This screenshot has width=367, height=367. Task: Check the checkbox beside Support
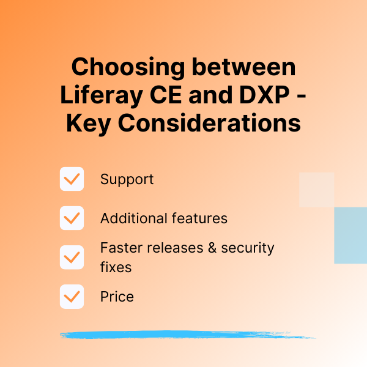pos(72,179)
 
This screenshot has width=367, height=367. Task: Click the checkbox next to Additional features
pos(72,218)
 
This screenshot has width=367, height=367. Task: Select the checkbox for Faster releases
pos(72,258)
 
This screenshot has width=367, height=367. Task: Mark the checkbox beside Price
pos(72,297)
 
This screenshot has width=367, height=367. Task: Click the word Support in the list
pos(127,180)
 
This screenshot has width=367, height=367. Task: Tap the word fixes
pos(116,267)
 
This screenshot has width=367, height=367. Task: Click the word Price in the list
pos(117,297)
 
